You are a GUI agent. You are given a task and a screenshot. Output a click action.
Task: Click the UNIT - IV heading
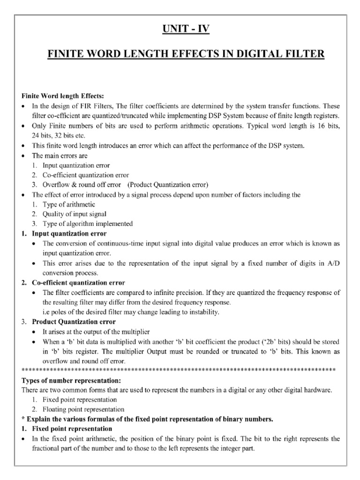click(x=180, y=30)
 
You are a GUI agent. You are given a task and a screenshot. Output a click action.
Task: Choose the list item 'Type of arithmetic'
click(x=68, y=204)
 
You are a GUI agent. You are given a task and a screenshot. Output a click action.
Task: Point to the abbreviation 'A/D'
click(x=332, y=263)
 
